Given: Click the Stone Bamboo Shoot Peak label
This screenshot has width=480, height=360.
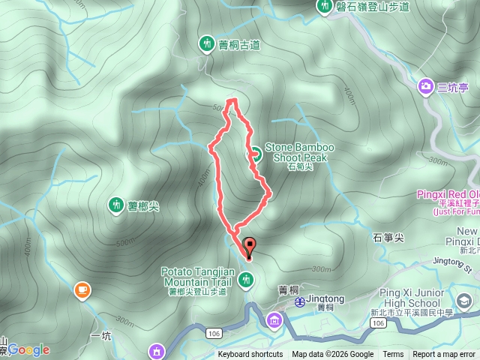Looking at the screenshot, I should (x=299, y=152).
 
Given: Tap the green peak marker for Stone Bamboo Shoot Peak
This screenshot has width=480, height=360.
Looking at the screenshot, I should (x=254, y=154).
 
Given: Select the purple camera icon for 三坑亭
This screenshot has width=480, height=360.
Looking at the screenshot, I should (x=426, y=87).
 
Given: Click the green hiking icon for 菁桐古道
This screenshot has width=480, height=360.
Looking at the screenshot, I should (x=207, y=44).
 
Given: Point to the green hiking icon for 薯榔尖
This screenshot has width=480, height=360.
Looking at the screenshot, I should (x=115, y=203).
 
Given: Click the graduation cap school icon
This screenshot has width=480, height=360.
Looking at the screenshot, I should (x=465, y=301).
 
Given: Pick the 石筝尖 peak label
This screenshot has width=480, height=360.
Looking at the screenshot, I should (x=388, y=238).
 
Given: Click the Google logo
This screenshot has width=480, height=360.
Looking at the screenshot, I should (x=28, y=349).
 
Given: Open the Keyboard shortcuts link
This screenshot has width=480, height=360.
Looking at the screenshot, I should (x=250, y=355).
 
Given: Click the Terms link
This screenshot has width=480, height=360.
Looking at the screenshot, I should (x=393, y=355).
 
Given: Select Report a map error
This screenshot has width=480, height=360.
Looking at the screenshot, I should (x=445, y=355).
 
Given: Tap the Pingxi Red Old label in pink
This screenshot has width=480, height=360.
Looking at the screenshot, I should (x=447, y=194).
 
